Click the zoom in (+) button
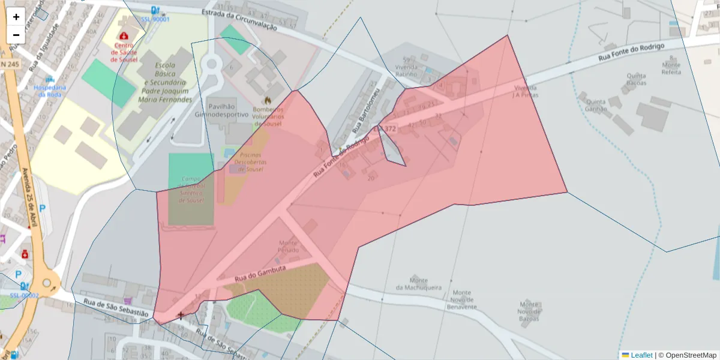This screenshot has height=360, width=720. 16,17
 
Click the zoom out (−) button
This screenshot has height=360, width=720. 16,35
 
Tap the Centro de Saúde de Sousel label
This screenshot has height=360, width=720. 124,52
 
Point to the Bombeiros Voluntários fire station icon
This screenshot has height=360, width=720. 268,101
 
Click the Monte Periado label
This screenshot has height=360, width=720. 288,247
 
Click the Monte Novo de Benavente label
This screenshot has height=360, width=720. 461,299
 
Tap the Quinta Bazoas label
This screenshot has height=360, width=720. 636,79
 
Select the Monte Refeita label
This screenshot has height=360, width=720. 671,68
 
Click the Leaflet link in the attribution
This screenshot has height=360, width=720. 641,355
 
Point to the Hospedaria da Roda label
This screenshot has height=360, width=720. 50,91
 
